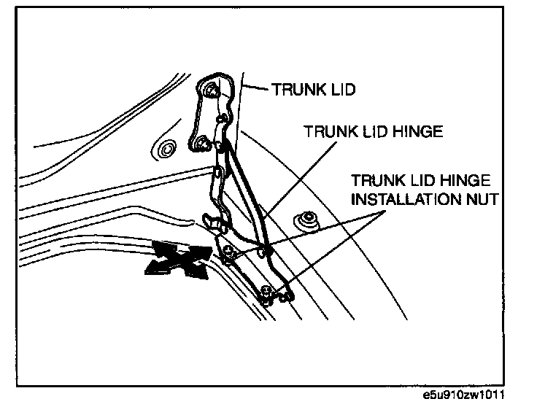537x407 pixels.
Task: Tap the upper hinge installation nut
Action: click(x=228, y=252)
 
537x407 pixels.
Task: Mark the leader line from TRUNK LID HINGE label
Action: click(x=292, y=175)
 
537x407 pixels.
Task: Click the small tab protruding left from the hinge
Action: click(x=208, y=219)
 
